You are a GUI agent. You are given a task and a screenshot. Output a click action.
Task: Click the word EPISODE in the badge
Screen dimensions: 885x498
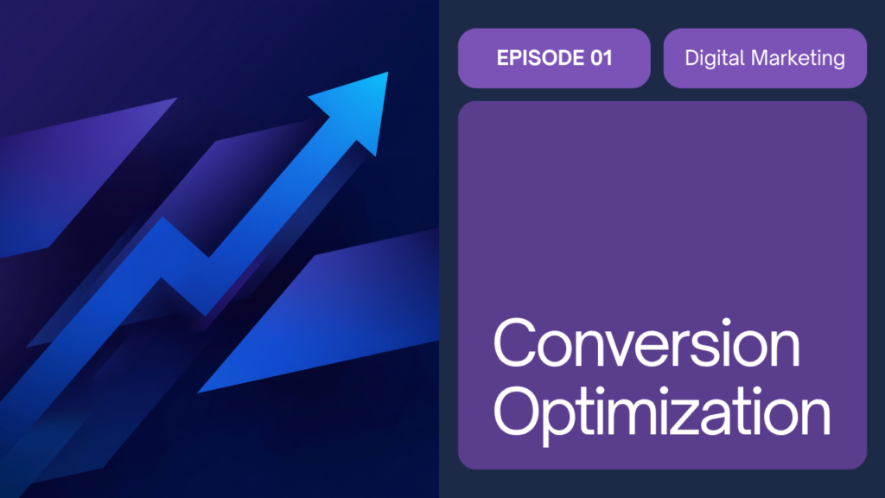coord(540,58)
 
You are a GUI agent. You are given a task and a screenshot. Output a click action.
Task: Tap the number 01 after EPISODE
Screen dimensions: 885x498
coord(602,58)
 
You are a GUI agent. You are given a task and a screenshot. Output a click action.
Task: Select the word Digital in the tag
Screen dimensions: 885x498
coord(715,58)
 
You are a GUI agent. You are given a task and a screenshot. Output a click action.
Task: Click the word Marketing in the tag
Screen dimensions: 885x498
coord(798,58)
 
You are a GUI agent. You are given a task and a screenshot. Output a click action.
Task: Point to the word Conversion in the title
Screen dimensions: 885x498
coord(646,342)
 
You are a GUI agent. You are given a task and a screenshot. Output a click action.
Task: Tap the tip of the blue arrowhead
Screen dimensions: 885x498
coord(388,73)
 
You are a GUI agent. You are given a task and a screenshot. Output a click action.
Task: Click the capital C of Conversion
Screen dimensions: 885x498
coord(514,342)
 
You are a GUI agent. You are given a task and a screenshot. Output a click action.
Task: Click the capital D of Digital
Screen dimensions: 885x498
coord(692,58)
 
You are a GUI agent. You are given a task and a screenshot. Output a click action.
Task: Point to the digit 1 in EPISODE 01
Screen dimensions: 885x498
coord(608,58)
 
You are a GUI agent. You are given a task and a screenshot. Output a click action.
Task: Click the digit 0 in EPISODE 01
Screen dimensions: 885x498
coord(596,58)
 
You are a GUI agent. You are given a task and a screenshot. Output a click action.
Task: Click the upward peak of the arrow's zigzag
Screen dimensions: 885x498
coord(162,218)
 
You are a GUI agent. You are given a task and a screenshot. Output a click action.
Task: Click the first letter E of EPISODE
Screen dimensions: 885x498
coord(502,58)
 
